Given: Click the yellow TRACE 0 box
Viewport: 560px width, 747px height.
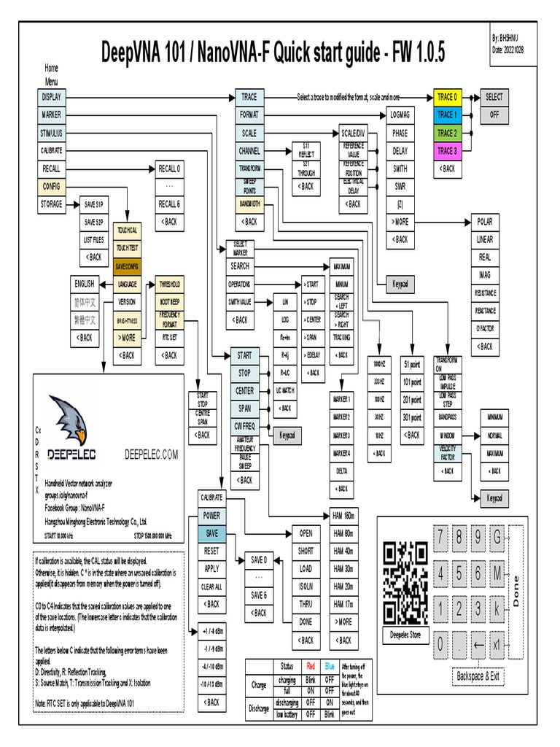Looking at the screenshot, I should tap(446, 96).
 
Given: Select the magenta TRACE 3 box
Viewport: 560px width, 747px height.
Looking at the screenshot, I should tap(446, 151).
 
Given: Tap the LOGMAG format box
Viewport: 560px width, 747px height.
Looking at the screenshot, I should tap(400, 115).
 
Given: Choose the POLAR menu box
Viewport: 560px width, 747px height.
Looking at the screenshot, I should tap(485, 222).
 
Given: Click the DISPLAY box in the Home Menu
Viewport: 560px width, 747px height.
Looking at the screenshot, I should tap(52, 96).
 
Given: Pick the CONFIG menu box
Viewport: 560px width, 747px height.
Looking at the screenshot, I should tap(52, 186).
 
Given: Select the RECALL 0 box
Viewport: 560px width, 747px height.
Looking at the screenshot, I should tap(169, 169).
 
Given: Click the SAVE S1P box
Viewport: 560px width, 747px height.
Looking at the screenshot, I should tap(93, 204).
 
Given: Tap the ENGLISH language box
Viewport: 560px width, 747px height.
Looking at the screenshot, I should tap(85, 284).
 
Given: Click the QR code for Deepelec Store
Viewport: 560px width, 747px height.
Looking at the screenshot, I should tap(405, 582).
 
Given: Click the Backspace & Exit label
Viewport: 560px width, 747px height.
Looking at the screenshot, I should tap(478, 676).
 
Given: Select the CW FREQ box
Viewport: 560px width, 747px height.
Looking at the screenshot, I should tap(244, 426).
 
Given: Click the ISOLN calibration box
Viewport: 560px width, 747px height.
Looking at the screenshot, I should tap(306, 585).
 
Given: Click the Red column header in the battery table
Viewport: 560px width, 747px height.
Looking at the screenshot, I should tap(311, 666).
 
